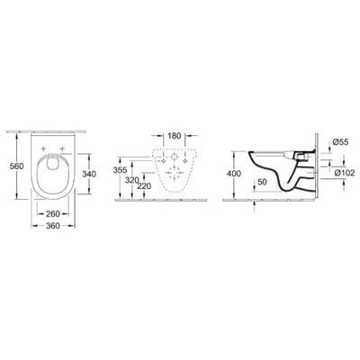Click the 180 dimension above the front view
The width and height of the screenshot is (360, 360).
[x=175, y=137]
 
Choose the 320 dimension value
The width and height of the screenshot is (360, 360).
[x=131, y=179]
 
